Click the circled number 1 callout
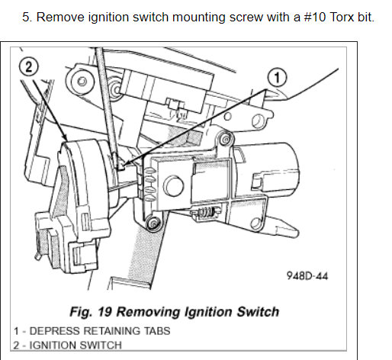point(277,77)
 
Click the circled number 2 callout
point(29,66)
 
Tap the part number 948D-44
point(307,275)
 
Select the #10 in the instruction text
point(315,18)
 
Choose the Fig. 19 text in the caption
point(91,312)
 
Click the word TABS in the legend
point(157,331)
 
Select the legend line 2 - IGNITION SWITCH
point(67,346)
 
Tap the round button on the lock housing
point(173,186)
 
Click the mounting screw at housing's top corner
point(225,140)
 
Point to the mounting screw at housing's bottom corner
point(153,223)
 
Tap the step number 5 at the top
point(27,18)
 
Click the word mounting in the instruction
point(199,18)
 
